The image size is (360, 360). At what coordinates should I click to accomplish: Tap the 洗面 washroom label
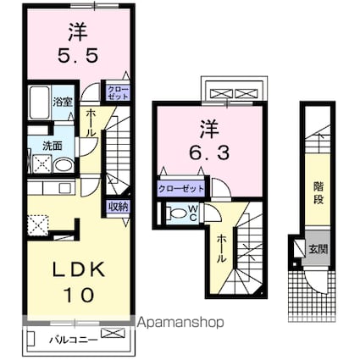pos(53,145)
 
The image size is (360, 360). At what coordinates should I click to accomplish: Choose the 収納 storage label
pos(118,206)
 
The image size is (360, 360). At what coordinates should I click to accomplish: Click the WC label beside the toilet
pos(193,213)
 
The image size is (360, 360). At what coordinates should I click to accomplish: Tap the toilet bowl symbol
pos(175,214)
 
